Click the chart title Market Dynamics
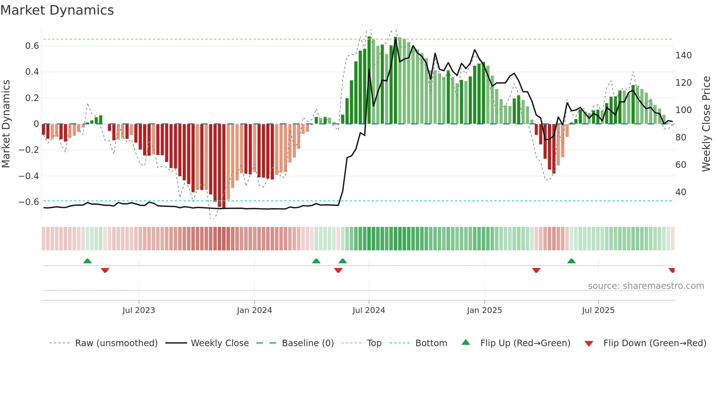(57, 10)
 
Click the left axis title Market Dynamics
(6, 124)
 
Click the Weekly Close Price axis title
(706, 124)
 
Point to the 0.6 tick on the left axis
(32, 46)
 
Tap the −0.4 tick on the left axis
(29, 176)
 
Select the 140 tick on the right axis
(683, 55)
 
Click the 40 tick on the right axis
(681, 192)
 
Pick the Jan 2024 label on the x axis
(254, 310)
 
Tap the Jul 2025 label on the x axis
(598, 310)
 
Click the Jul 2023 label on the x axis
(139, 310)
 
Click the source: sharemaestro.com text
(646, 286)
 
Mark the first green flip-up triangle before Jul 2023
(87, 261)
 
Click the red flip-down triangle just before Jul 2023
(105, 270)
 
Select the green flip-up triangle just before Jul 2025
(571, 261)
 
